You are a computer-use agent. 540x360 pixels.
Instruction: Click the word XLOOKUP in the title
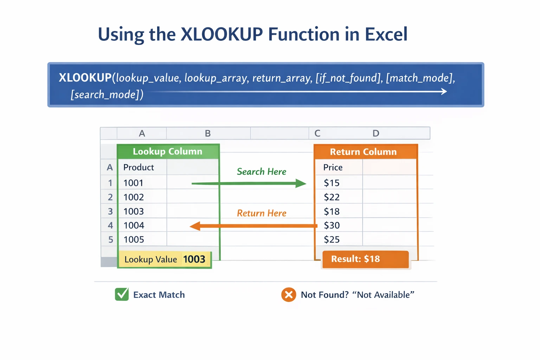[221, 34]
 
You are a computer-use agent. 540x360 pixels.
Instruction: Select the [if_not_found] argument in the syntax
[348, 78]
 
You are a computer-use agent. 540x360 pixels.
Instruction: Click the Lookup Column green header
[168, 152]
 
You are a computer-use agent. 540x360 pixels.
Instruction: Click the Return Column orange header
[366, 152]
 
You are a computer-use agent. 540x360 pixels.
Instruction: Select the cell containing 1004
[142, 225]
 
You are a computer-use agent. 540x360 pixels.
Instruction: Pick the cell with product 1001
[142, 183]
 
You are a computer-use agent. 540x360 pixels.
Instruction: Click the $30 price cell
[339, 225]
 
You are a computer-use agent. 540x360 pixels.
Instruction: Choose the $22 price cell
[339, 197]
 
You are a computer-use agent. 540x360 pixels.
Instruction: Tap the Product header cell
[142, 167]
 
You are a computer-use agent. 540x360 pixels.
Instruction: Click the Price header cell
[339, 167]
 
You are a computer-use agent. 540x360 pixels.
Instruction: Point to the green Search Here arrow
[249, 184]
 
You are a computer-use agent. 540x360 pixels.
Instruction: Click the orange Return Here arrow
[253, 226]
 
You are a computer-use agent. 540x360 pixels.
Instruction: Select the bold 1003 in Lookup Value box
[194, 259]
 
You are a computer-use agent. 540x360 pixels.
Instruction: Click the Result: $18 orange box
[366, 259]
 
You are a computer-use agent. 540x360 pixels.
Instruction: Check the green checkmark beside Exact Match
[122, 294]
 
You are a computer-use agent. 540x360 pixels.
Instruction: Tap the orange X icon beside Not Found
[289, 295]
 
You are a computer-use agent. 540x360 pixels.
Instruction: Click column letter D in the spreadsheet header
[376, 133]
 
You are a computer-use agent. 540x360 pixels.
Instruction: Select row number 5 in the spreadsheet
[111, 240]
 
